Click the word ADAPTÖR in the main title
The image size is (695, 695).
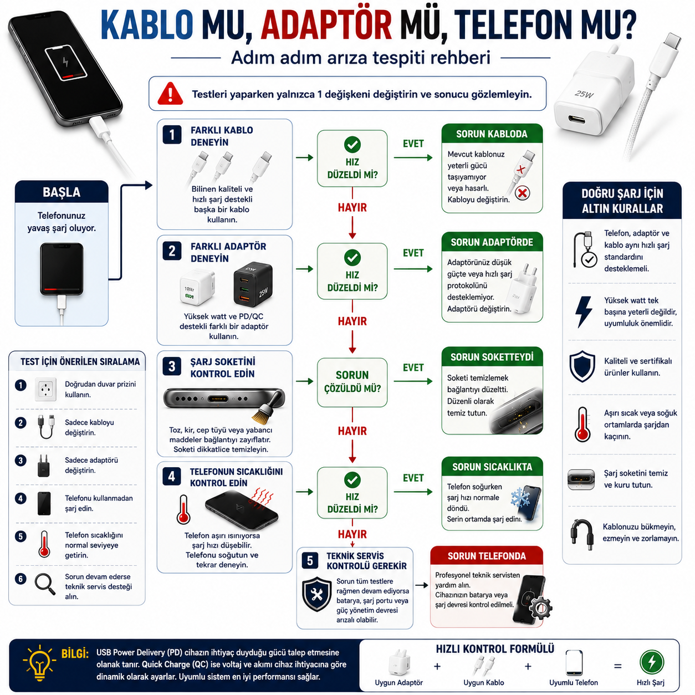326,25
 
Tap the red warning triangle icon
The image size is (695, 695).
170,94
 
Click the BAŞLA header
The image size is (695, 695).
62,192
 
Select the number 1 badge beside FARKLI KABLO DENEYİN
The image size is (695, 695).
172,135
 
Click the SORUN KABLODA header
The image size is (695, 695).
492,134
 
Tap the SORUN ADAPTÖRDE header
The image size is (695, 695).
492,242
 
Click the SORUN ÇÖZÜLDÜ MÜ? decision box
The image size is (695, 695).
352,382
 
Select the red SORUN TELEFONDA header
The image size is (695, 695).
487,556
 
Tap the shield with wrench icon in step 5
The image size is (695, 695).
316,594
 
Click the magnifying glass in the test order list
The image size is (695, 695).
45,584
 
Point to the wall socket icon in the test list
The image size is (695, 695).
46,390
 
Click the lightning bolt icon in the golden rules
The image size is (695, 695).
583,312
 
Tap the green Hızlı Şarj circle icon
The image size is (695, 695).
652,662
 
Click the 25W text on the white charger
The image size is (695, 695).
584,94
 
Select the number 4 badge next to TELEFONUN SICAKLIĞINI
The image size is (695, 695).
172,477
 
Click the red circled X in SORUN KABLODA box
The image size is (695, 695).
522,193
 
